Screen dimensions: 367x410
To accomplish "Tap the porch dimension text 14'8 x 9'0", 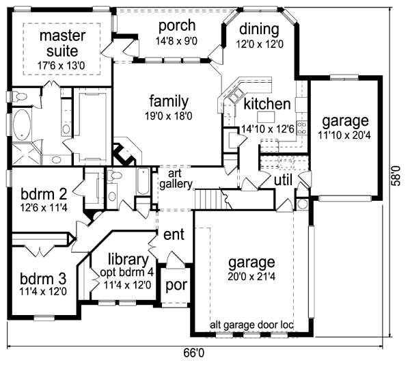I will coord(177,42).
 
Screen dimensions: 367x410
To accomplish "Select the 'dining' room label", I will coord(260,29).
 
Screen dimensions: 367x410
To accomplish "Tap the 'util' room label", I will coord(283,180).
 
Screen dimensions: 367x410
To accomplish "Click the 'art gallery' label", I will coord(176,180).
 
